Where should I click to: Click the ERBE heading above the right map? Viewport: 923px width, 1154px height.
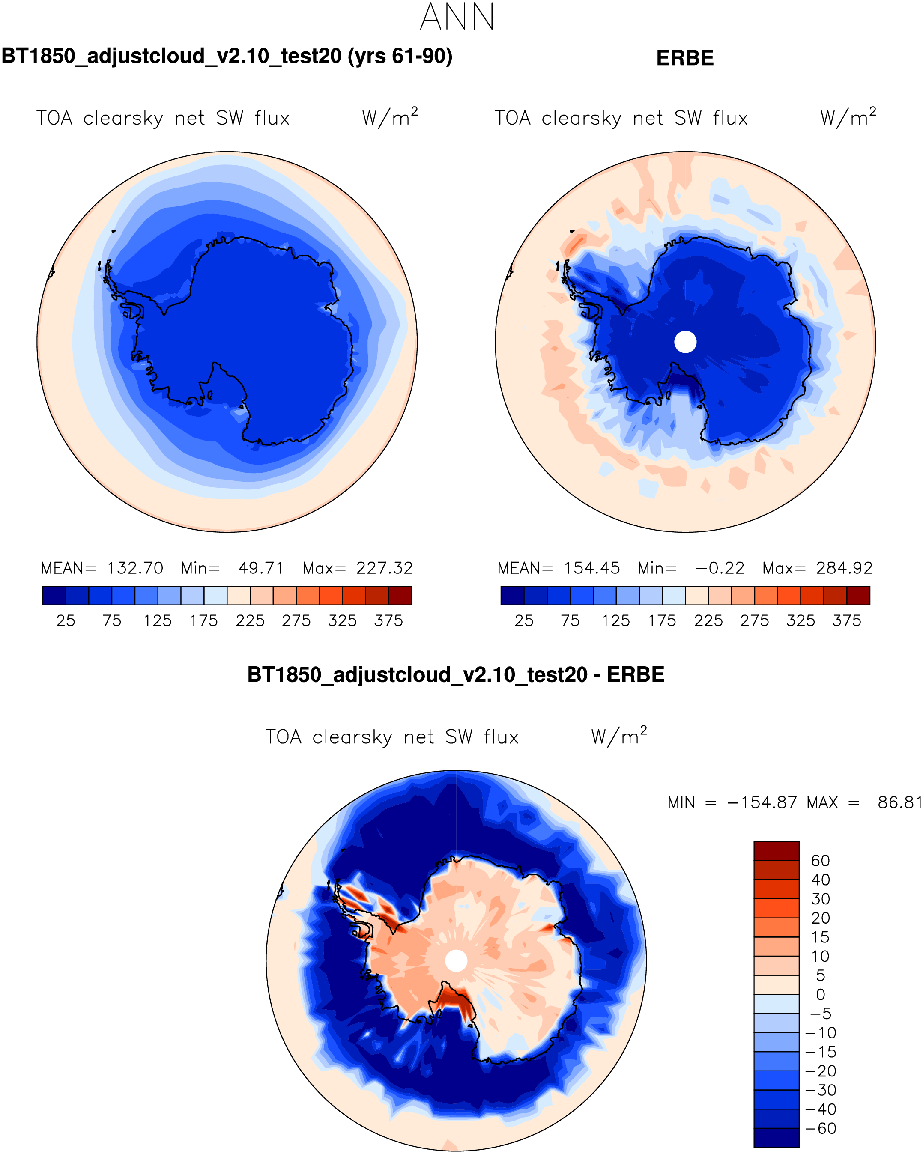tap(685, 58)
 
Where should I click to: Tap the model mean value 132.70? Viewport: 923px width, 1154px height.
tap(135, 568)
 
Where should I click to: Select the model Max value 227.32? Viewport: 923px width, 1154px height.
tap(385, 568)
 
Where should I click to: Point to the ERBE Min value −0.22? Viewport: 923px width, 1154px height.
tap(720, 568)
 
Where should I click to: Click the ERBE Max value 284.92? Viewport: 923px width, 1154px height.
tap(844, 568)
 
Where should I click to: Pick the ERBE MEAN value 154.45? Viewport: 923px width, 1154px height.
tap(591, 568)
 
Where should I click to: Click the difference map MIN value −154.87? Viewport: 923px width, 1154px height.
tap(762, 803)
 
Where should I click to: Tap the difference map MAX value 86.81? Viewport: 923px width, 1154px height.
tap(899, 803)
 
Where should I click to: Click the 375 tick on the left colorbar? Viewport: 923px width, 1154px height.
tap(388, 620)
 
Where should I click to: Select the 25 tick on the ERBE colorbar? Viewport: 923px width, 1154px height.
tap(523, 620)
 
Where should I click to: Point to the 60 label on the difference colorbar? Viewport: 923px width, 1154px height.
tap(820, 861)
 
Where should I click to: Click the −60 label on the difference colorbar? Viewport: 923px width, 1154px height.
tap(820, 1128)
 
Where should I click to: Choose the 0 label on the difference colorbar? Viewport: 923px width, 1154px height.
tap(820, 994)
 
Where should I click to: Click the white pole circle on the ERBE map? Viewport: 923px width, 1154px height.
tap(685, 342)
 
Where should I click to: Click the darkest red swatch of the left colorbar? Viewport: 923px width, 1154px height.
tap(400, 595)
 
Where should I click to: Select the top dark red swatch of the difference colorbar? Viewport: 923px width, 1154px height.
tap(776, 850)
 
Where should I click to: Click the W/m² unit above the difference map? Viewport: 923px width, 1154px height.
tap(619, 737)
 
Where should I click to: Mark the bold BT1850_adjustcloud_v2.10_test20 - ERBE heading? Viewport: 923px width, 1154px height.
tap(456, 674)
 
